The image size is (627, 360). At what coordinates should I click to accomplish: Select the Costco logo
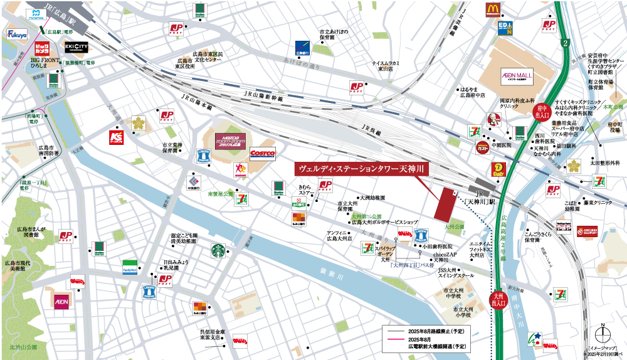[x=262, y=153]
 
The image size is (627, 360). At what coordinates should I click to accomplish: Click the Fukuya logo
[x=17, y=36]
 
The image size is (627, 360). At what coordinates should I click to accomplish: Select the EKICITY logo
[x=76, y=47]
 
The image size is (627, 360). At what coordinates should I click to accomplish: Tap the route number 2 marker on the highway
[x=565, y=43]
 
